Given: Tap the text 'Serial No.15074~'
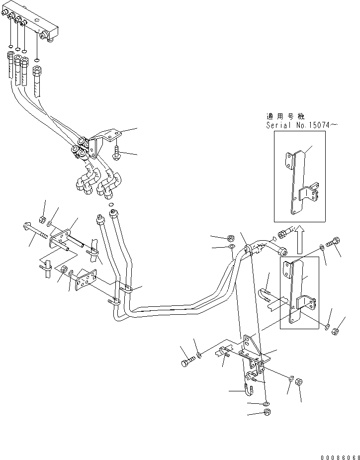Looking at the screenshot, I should point(301,125).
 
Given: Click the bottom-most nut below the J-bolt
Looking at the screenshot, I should point(267,412).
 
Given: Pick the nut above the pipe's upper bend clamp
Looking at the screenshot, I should point(231,237).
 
